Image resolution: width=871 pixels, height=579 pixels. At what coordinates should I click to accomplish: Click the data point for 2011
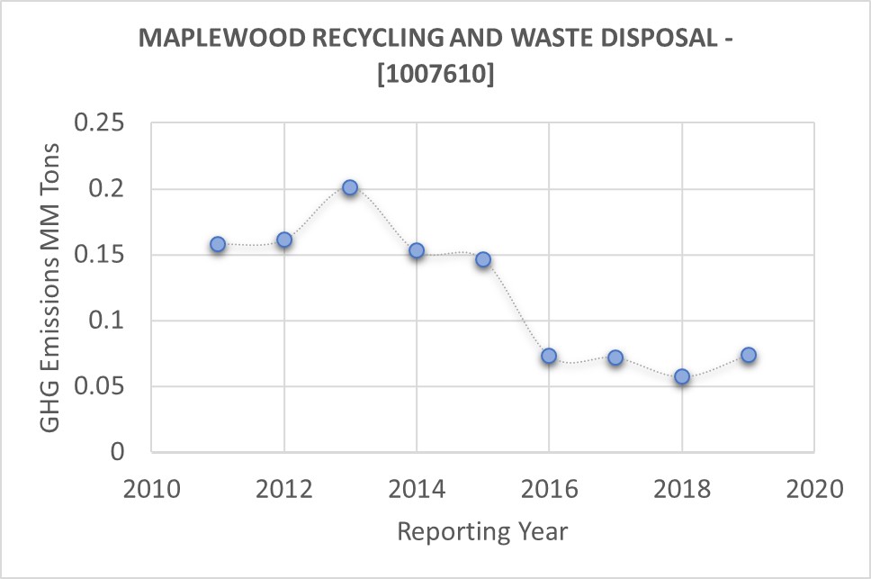coord(218,244)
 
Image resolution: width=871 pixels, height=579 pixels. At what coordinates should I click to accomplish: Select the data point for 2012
coord(284,240)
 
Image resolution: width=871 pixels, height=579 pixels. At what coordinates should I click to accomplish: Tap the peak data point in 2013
coord(350,187)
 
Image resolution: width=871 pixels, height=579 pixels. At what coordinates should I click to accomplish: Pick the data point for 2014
coord(417,250)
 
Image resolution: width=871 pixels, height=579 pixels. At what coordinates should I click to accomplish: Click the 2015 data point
coord(483,259)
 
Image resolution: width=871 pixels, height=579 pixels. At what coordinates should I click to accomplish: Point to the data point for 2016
coord(549,356)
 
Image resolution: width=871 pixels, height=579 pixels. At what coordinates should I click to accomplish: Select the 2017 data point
coord(615,357)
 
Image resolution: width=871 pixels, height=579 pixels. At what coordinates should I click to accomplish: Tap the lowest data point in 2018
coord(682,376)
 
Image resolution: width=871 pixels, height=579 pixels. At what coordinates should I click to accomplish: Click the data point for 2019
coord(748,355)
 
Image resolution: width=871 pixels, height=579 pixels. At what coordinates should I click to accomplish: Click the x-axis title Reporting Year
coord(482,531)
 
